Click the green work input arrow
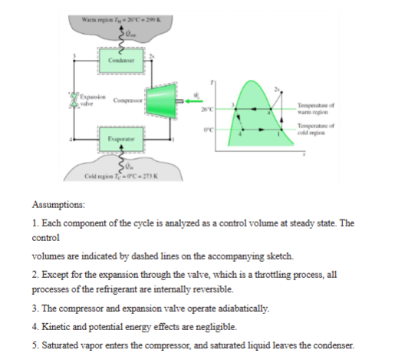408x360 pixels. (191, 100)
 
